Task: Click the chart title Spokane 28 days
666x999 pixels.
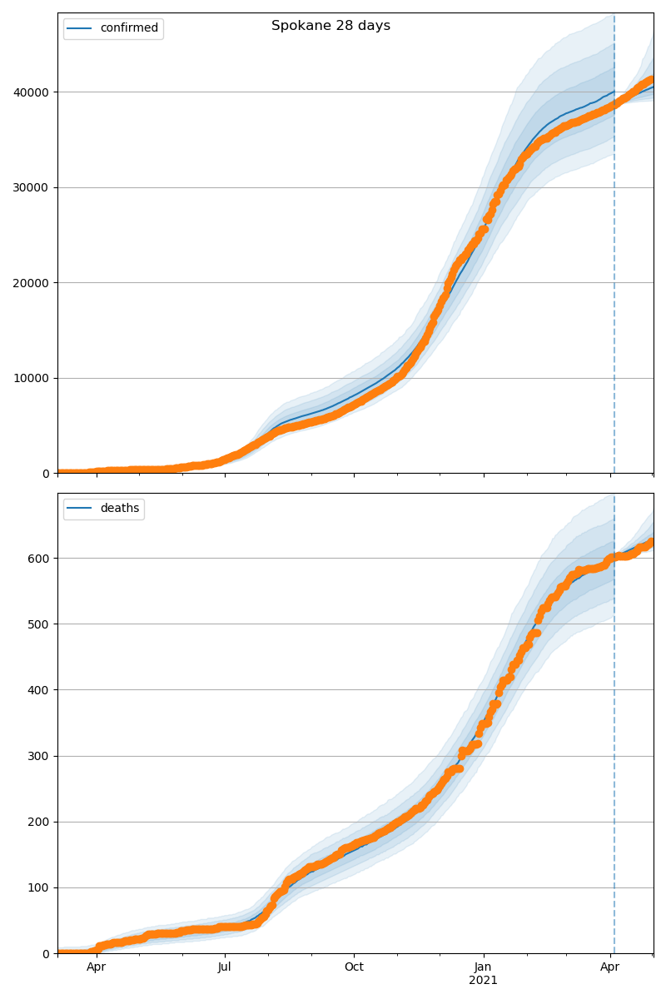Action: coord(331,26)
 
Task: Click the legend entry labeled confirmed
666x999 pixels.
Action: coord(128,28)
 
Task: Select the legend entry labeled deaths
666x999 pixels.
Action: coord(119,509)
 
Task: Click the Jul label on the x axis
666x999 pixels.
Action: coord(225,967)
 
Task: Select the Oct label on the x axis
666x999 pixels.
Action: coord(354,967)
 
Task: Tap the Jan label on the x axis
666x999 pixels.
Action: coord(483,967)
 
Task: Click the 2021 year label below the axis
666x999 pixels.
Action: coord(483,981)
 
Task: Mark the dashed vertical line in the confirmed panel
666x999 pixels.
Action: coord(614,250)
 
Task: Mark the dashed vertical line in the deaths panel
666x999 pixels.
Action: coord(614,749)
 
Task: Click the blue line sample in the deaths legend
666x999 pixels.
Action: coord(80,509)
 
